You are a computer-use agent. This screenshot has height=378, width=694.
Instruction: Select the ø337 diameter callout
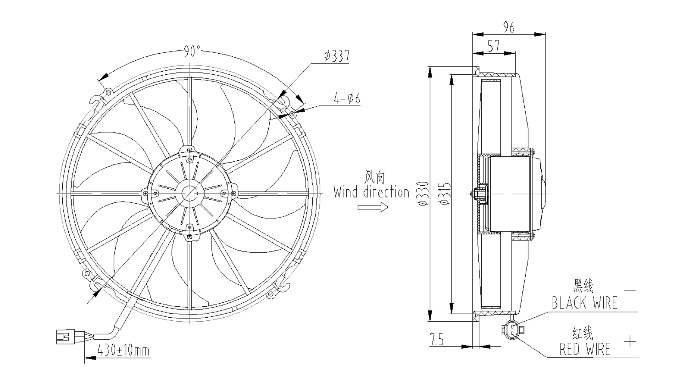(x=337, y=56)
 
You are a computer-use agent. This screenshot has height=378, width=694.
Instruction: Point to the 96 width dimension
(x=509, y=27)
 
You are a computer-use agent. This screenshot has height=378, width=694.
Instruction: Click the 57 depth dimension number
(x=494, y=46)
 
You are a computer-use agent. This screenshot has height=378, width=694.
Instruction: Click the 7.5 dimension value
(x=437, y=340)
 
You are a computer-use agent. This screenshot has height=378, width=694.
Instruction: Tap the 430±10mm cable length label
(x=124, y=351)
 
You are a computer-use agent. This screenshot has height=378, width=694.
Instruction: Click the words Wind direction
(x=372, y=192)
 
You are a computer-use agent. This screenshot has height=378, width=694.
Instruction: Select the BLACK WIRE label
(x=584, y=303)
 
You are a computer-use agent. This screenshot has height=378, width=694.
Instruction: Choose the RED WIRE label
(x=585, y=349)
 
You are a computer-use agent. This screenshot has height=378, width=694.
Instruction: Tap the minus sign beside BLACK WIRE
(x=630, y=291)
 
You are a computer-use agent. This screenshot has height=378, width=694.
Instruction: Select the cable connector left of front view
(x=65, y=337)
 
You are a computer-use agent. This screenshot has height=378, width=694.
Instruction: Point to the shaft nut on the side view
(x=477, y=194)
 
